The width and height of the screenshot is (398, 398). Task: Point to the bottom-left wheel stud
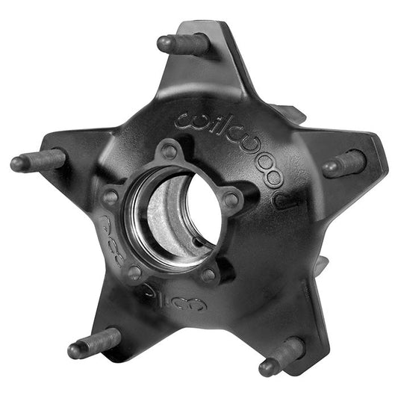click(94, 343)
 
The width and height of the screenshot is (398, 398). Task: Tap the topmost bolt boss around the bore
click(170, 151)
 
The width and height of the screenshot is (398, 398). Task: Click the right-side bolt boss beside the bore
click(232, 199)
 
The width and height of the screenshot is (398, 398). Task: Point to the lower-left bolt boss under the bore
click(134, 273)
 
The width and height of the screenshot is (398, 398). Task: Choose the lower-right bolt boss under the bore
click(209, 275)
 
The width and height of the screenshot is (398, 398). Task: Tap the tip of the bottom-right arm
click(314, 366)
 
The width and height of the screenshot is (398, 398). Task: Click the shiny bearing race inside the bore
click(161, 224)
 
